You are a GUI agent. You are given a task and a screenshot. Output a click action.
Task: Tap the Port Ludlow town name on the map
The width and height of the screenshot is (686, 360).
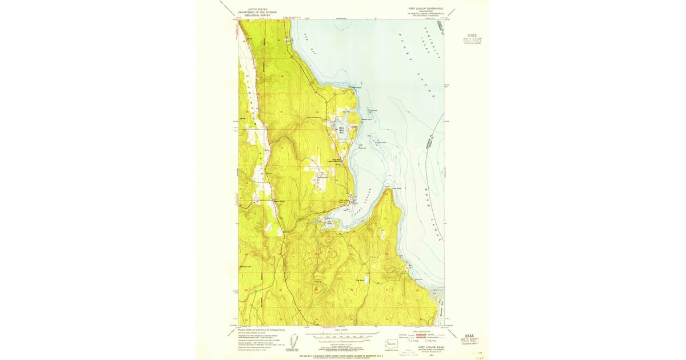click(x=344, y=200)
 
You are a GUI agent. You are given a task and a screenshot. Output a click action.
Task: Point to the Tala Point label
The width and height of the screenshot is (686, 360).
click(x=397, y=187)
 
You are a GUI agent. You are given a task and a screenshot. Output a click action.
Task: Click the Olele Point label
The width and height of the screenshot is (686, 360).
click(x=356, y=87)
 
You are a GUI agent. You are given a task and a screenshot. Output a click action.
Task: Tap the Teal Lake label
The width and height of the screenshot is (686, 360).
click(x=361, y=280)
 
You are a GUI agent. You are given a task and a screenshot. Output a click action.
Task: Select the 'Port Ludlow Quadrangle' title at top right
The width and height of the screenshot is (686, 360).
click(x=422, y=9)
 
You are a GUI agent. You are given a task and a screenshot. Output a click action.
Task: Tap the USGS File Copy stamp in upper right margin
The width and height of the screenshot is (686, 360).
click(x=472, y=41)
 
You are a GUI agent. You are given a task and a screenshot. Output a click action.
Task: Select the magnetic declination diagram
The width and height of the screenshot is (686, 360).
click(x=295, y=342)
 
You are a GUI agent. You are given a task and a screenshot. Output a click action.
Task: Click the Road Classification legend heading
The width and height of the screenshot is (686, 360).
click(x=422, y=331)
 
